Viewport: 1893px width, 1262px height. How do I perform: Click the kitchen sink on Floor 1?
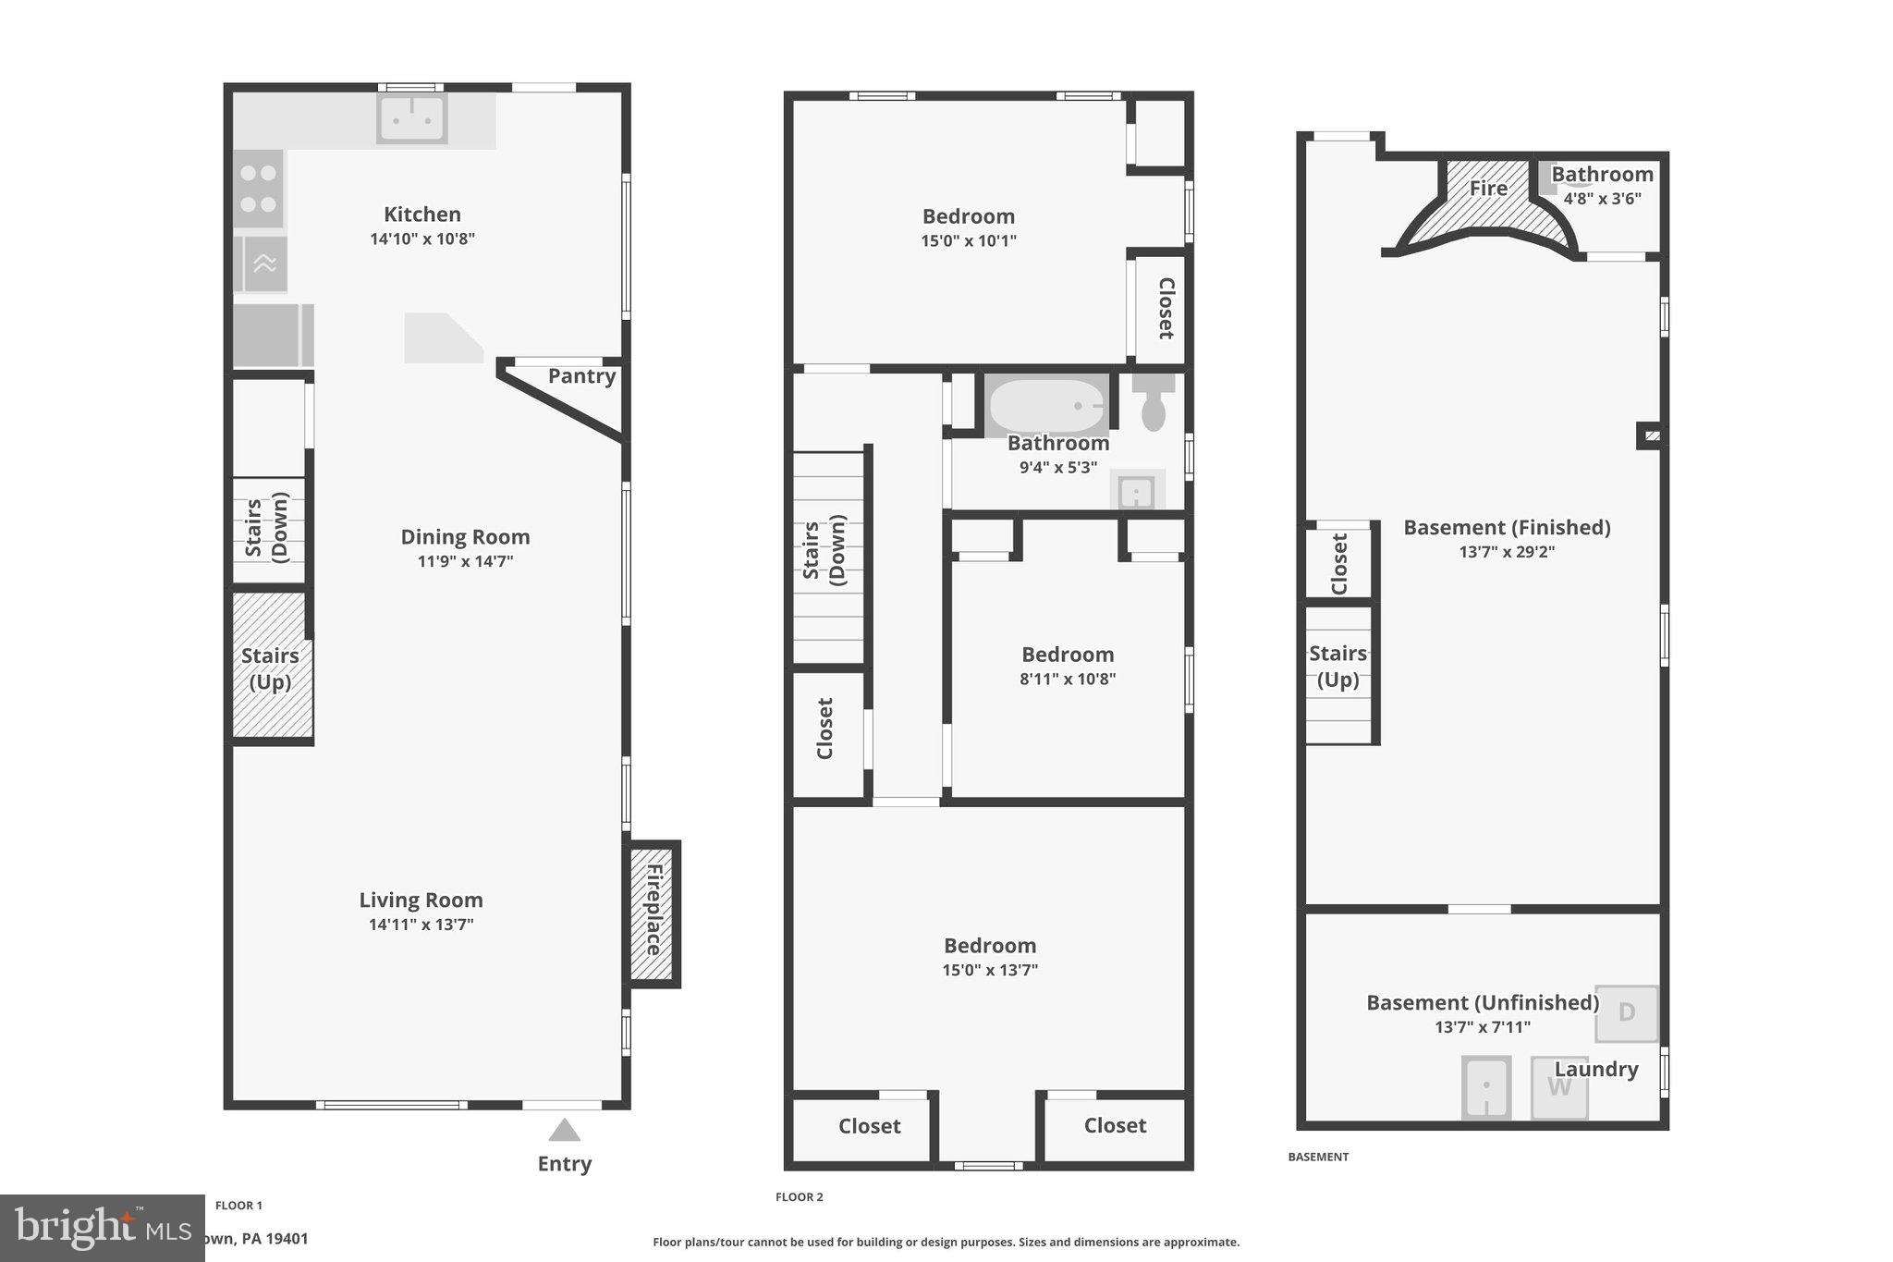click(x=411, y=118)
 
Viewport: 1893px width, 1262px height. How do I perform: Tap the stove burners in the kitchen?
click(x=258, y=189)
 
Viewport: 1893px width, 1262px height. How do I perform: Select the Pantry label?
click(x=581, y=376)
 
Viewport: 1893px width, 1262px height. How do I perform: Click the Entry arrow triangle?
click(x=564, y=1131)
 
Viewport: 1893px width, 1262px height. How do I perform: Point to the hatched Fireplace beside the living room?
click(x=653, y=913)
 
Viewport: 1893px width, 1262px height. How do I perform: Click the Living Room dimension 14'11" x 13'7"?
click(x=421, y=925)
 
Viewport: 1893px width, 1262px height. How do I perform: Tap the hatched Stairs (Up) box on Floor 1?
click(x=269, y=667)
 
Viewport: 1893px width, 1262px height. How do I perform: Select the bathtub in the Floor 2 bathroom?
click(x=1046, y=405)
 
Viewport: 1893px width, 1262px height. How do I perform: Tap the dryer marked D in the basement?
click(x=1626, y=1012)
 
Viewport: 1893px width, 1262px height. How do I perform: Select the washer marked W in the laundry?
click(x=1558, y=1087)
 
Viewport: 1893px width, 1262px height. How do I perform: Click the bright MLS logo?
click(x=102, y=1228)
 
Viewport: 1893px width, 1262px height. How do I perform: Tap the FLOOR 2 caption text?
click(x=799, y=1197)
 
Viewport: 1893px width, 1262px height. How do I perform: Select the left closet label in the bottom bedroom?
click(x=869, y=1126)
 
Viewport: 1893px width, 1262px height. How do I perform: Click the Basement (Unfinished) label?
click(x=1482, y=1003)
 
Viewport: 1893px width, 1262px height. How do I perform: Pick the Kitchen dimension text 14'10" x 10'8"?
click(x=422, y=239)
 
